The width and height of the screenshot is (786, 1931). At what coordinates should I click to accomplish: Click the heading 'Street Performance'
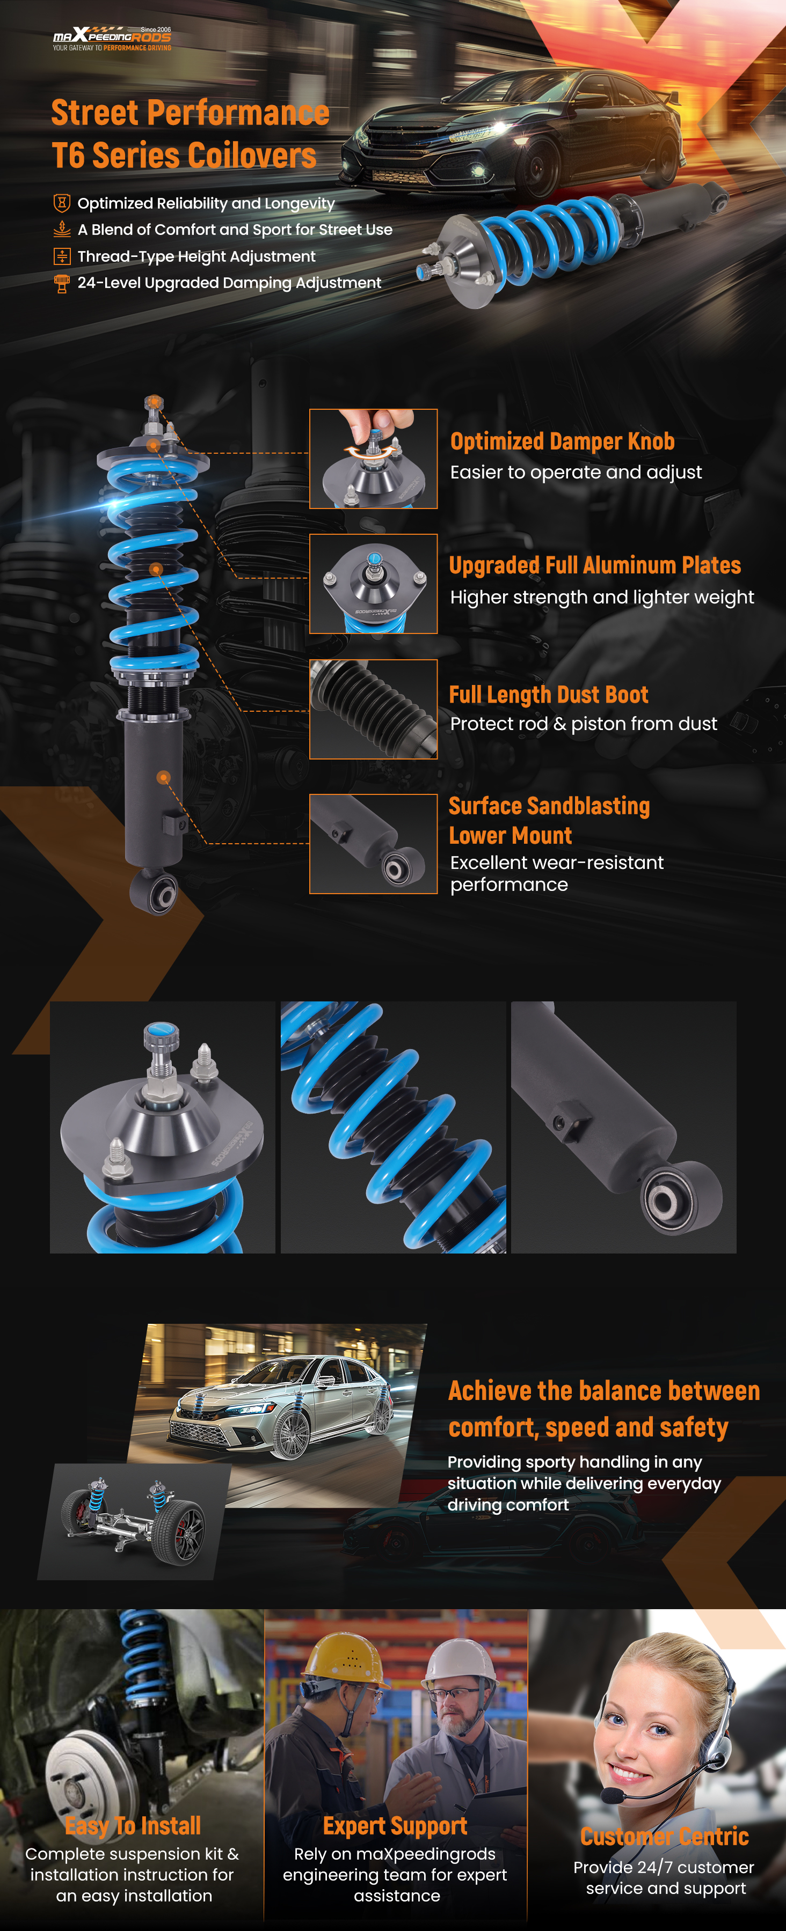coord(191,113)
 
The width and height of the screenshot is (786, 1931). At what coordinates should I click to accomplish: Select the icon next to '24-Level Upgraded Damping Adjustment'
coord(62,283)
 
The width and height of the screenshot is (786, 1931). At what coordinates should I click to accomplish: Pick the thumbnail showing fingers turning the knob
coord(374,459)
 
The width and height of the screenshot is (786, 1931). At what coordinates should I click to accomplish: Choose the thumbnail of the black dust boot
coord(374,709)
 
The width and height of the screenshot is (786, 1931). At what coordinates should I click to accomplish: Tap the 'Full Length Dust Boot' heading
coord(548,694)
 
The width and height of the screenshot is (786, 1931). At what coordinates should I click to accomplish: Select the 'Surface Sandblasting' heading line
coord(549,805)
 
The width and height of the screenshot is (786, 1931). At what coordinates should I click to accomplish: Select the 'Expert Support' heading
coord(395,1825)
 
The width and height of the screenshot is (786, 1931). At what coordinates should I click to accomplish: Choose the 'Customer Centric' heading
coord(665,1836)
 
